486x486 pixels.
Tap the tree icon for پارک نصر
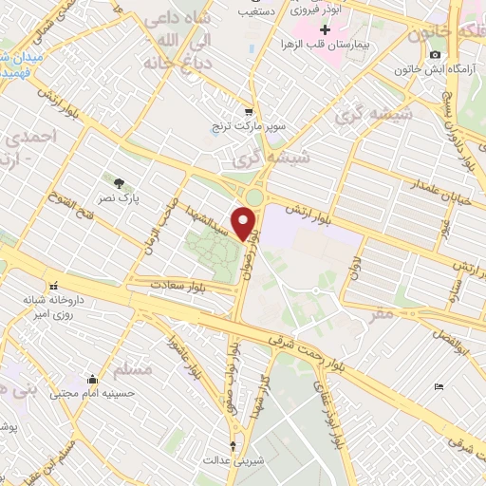click(x=119, y=182)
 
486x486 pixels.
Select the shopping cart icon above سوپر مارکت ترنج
click(x=249, y=109)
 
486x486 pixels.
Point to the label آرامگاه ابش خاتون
click(x=408, y=70)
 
